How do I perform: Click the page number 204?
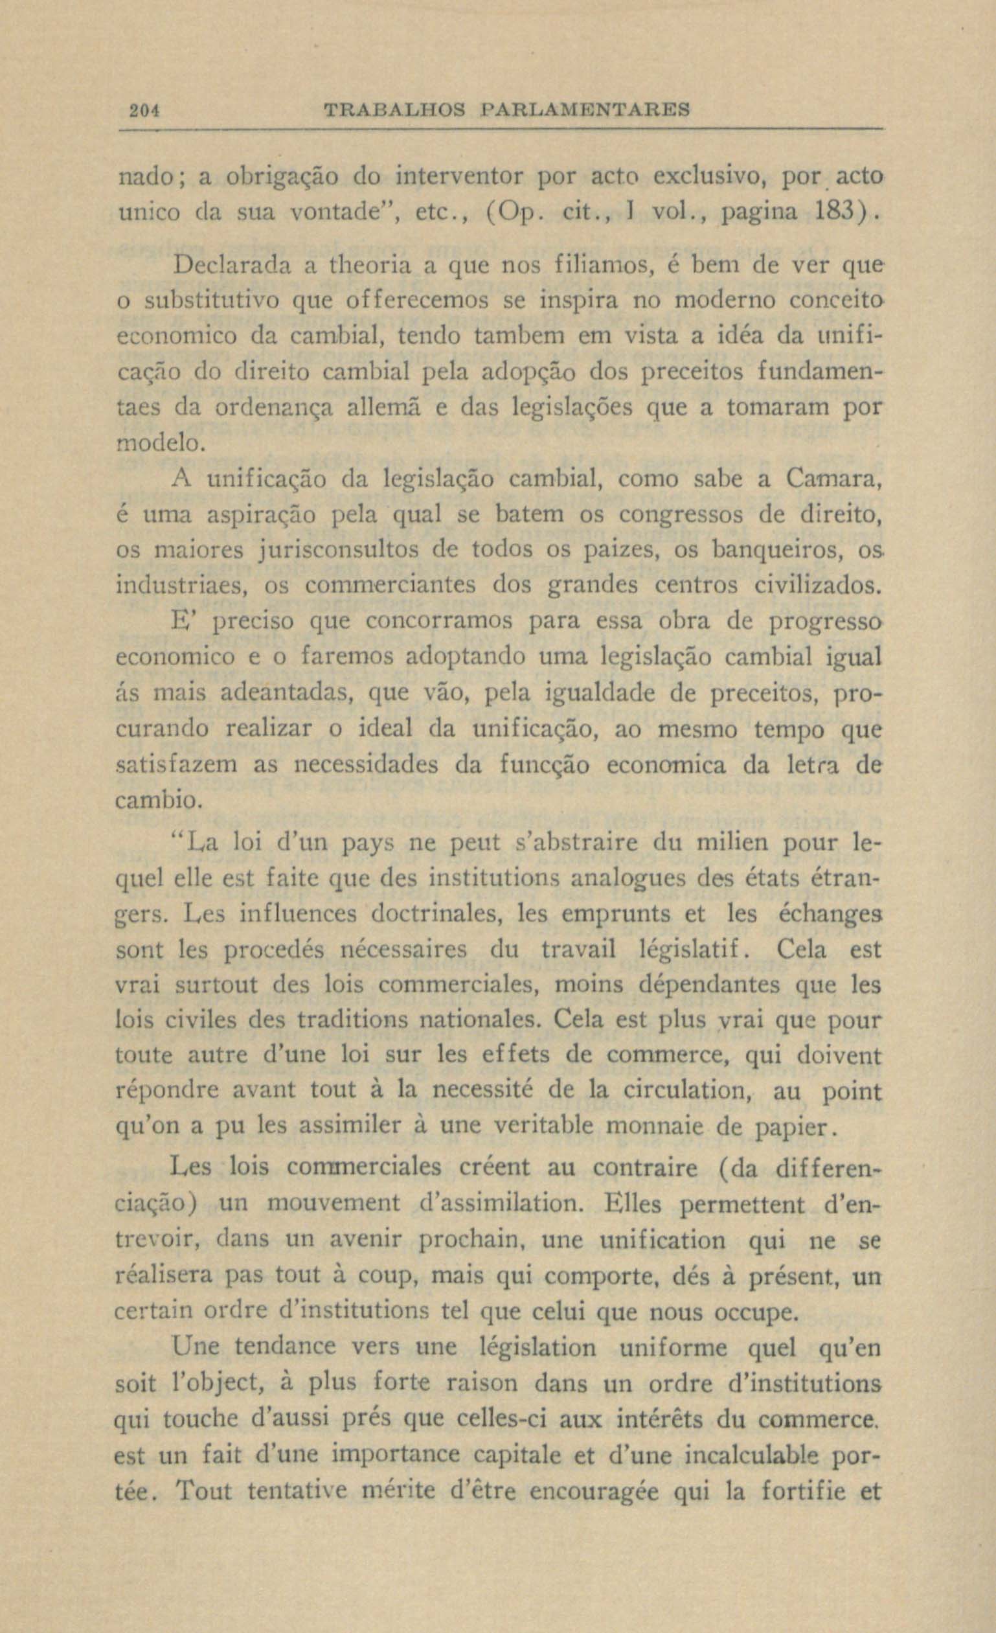(x=141, y=109)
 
